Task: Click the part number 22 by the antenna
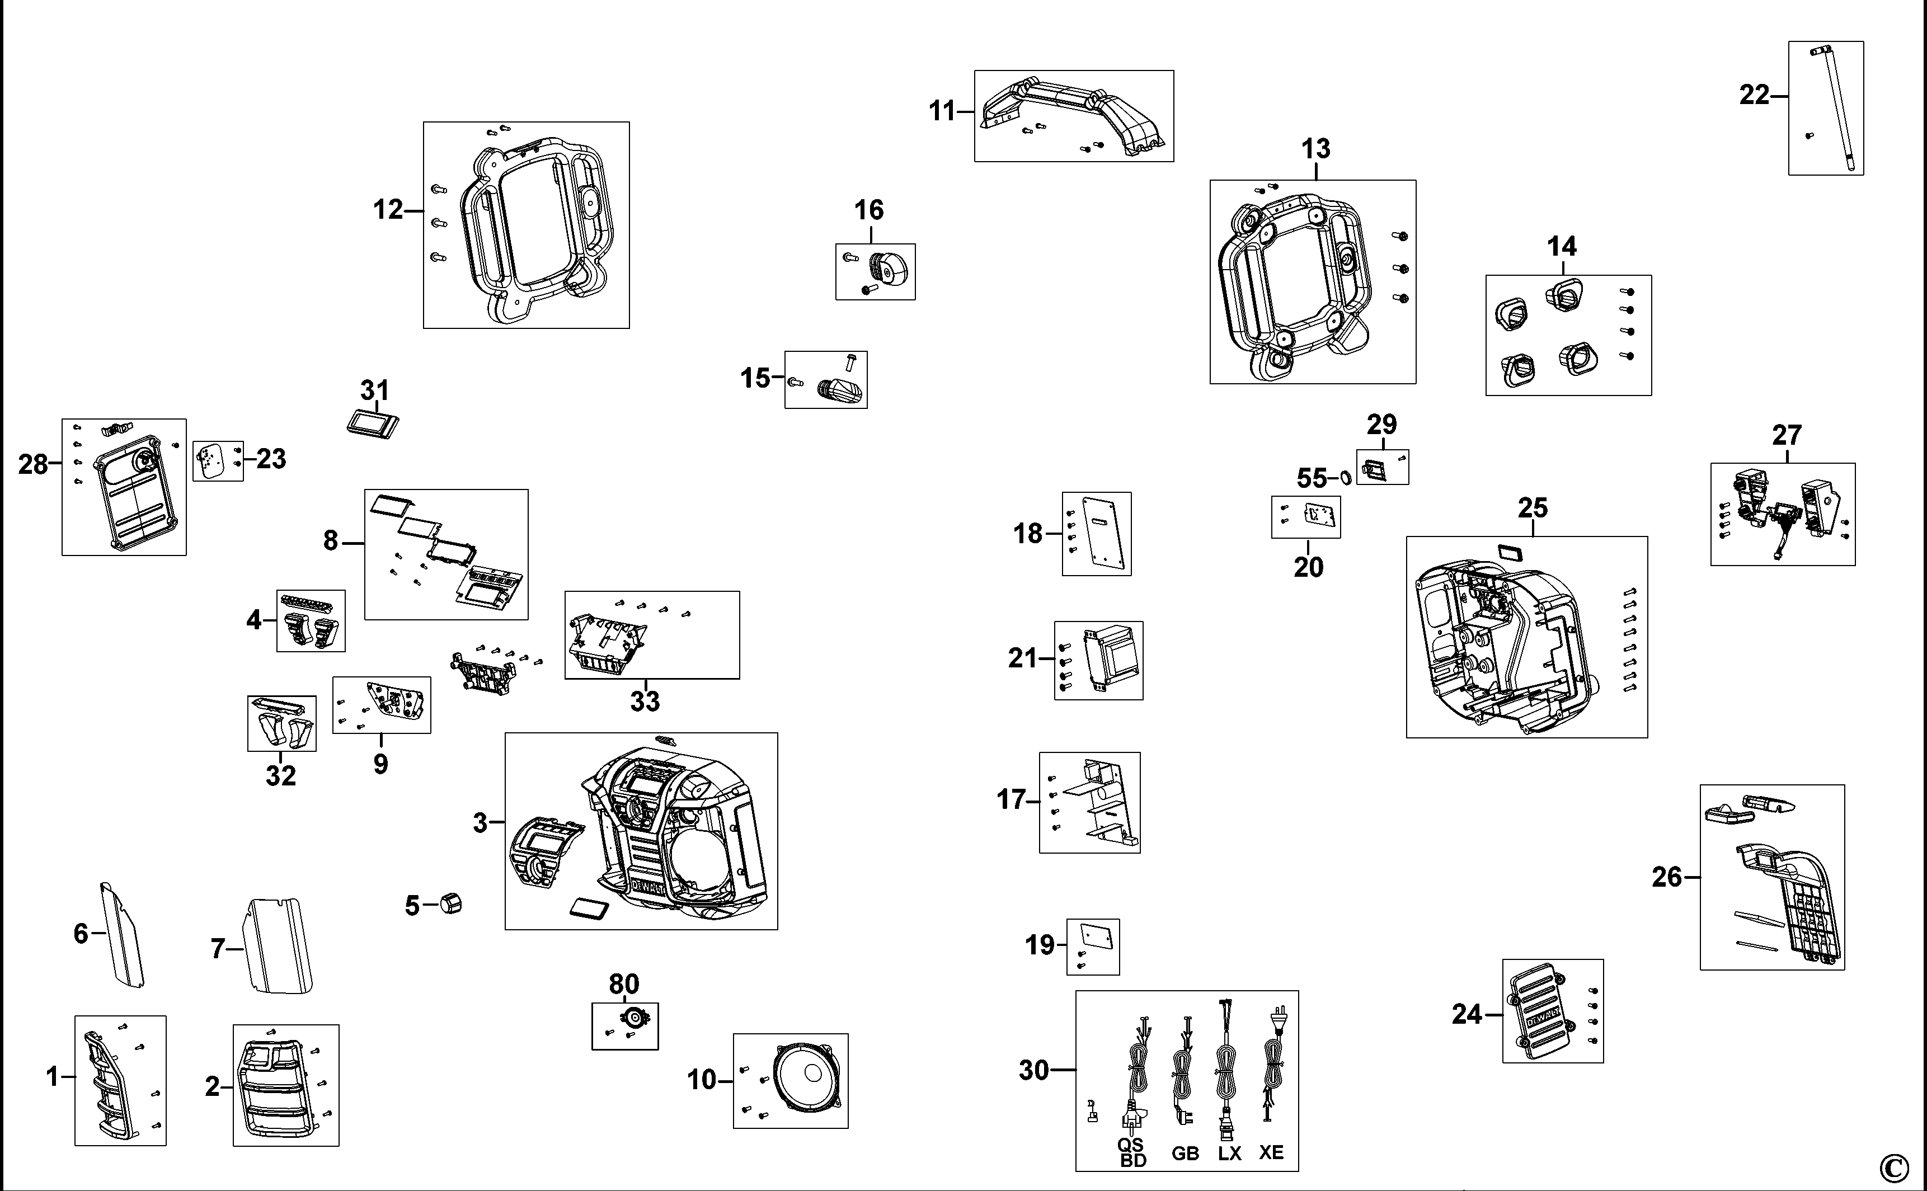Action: coord(1754,95)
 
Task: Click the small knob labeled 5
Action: coord(450,903)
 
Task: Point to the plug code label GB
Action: coord(1185,1153)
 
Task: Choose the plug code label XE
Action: coord(1271,1152)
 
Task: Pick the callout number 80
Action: coord(624,984)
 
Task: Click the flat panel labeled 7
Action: coord(280,947)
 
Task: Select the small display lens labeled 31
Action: coord(373,425)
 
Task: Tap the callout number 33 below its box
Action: coord(645,701)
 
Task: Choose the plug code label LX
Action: coord(1229,1153)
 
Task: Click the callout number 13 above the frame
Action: coord(1315,149)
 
